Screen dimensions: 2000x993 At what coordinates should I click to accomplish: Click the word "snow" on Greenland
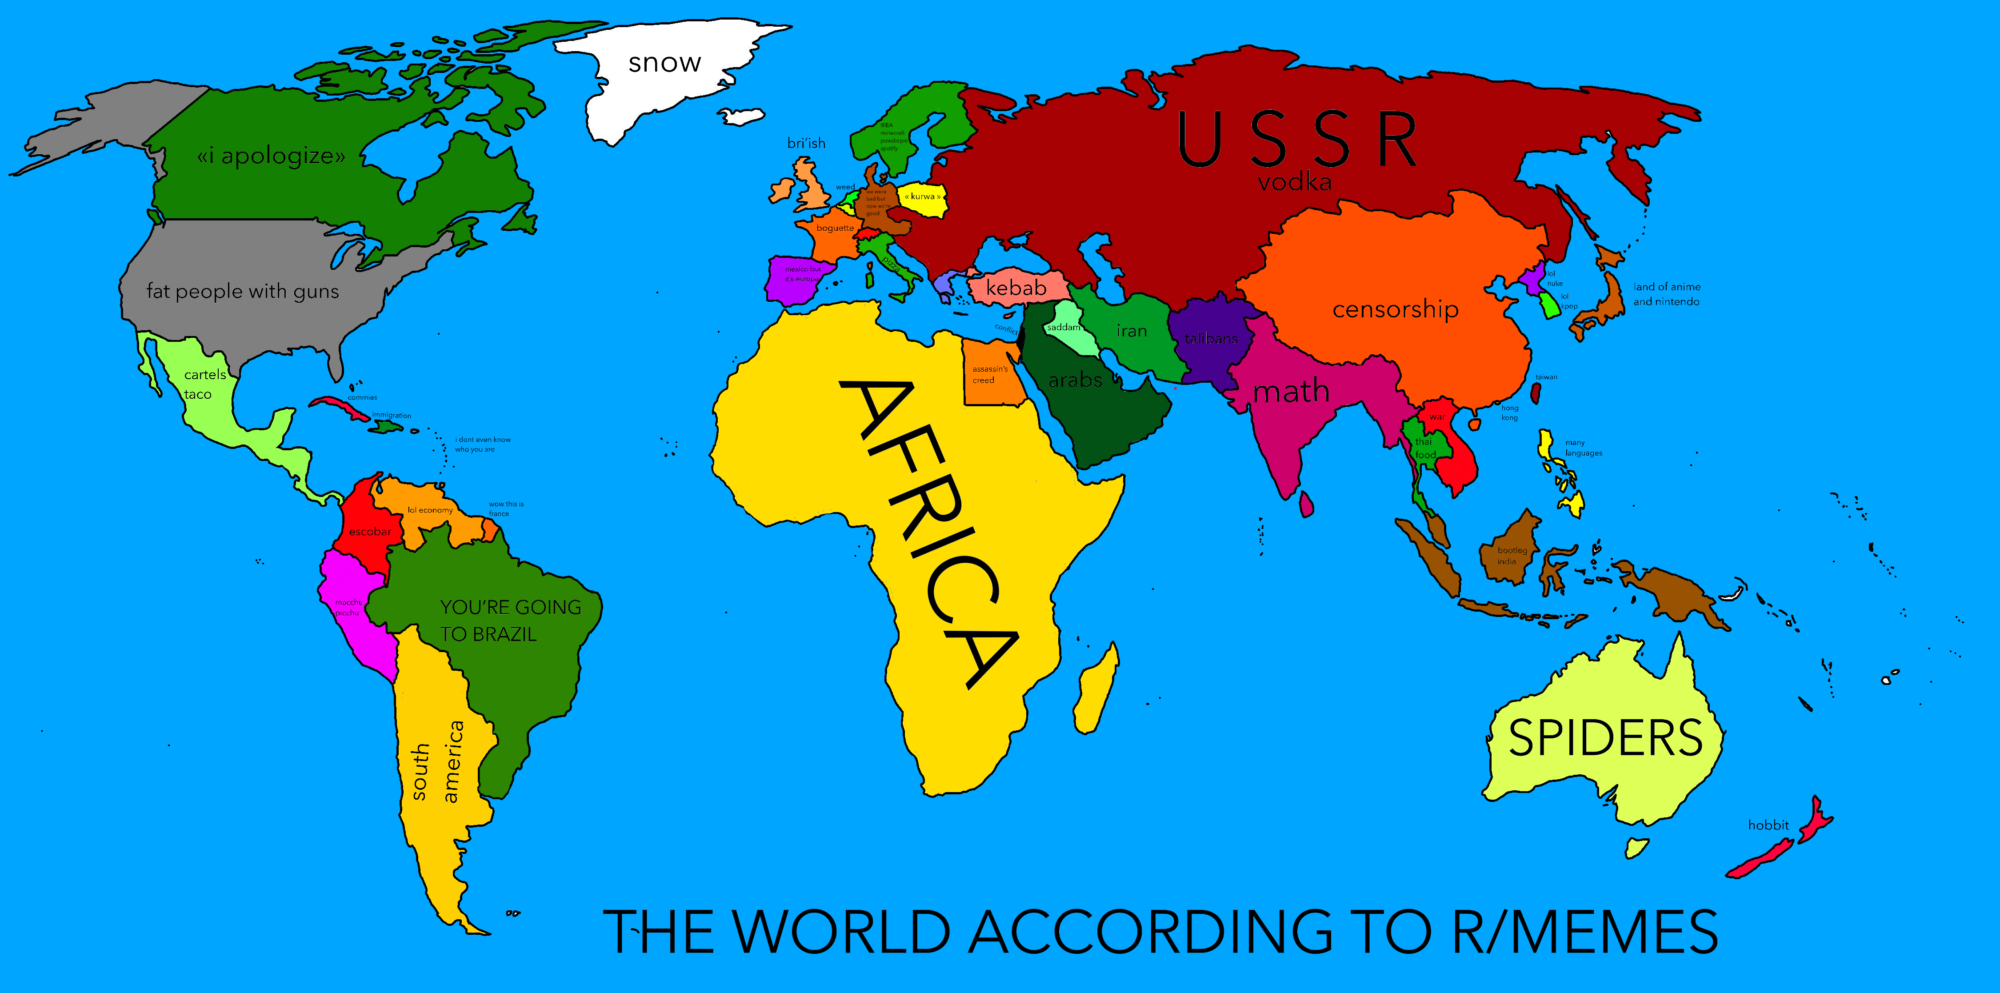click(x=664, y=63)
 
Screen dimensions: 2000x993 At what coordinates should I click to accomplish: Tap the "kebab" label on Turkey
click(x=1016, y=288)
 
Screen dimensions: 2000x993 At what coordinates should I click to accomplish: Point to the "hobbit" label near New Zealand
click(x=1768, y=825)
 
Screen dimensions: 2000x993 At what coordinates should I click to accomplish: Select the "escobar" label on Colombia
click(x=370, y=532)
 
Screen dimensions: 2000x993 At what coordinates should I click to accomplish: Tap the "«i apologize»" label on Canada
click(x=271, y=156)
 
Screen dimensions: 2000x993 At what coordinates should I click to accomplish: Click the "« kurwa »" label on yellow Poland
click(x=922, y=196)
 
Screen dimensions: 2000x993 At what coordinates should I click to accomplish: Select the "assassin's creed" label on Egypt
click(x=989, y=374)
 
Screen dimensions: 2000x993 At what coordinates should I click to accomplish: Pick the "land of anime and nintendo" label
click(x=1666, y=294)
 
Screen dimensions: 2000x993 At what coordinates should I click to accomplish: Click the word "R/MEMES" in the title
click(x=1584, y=932)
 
